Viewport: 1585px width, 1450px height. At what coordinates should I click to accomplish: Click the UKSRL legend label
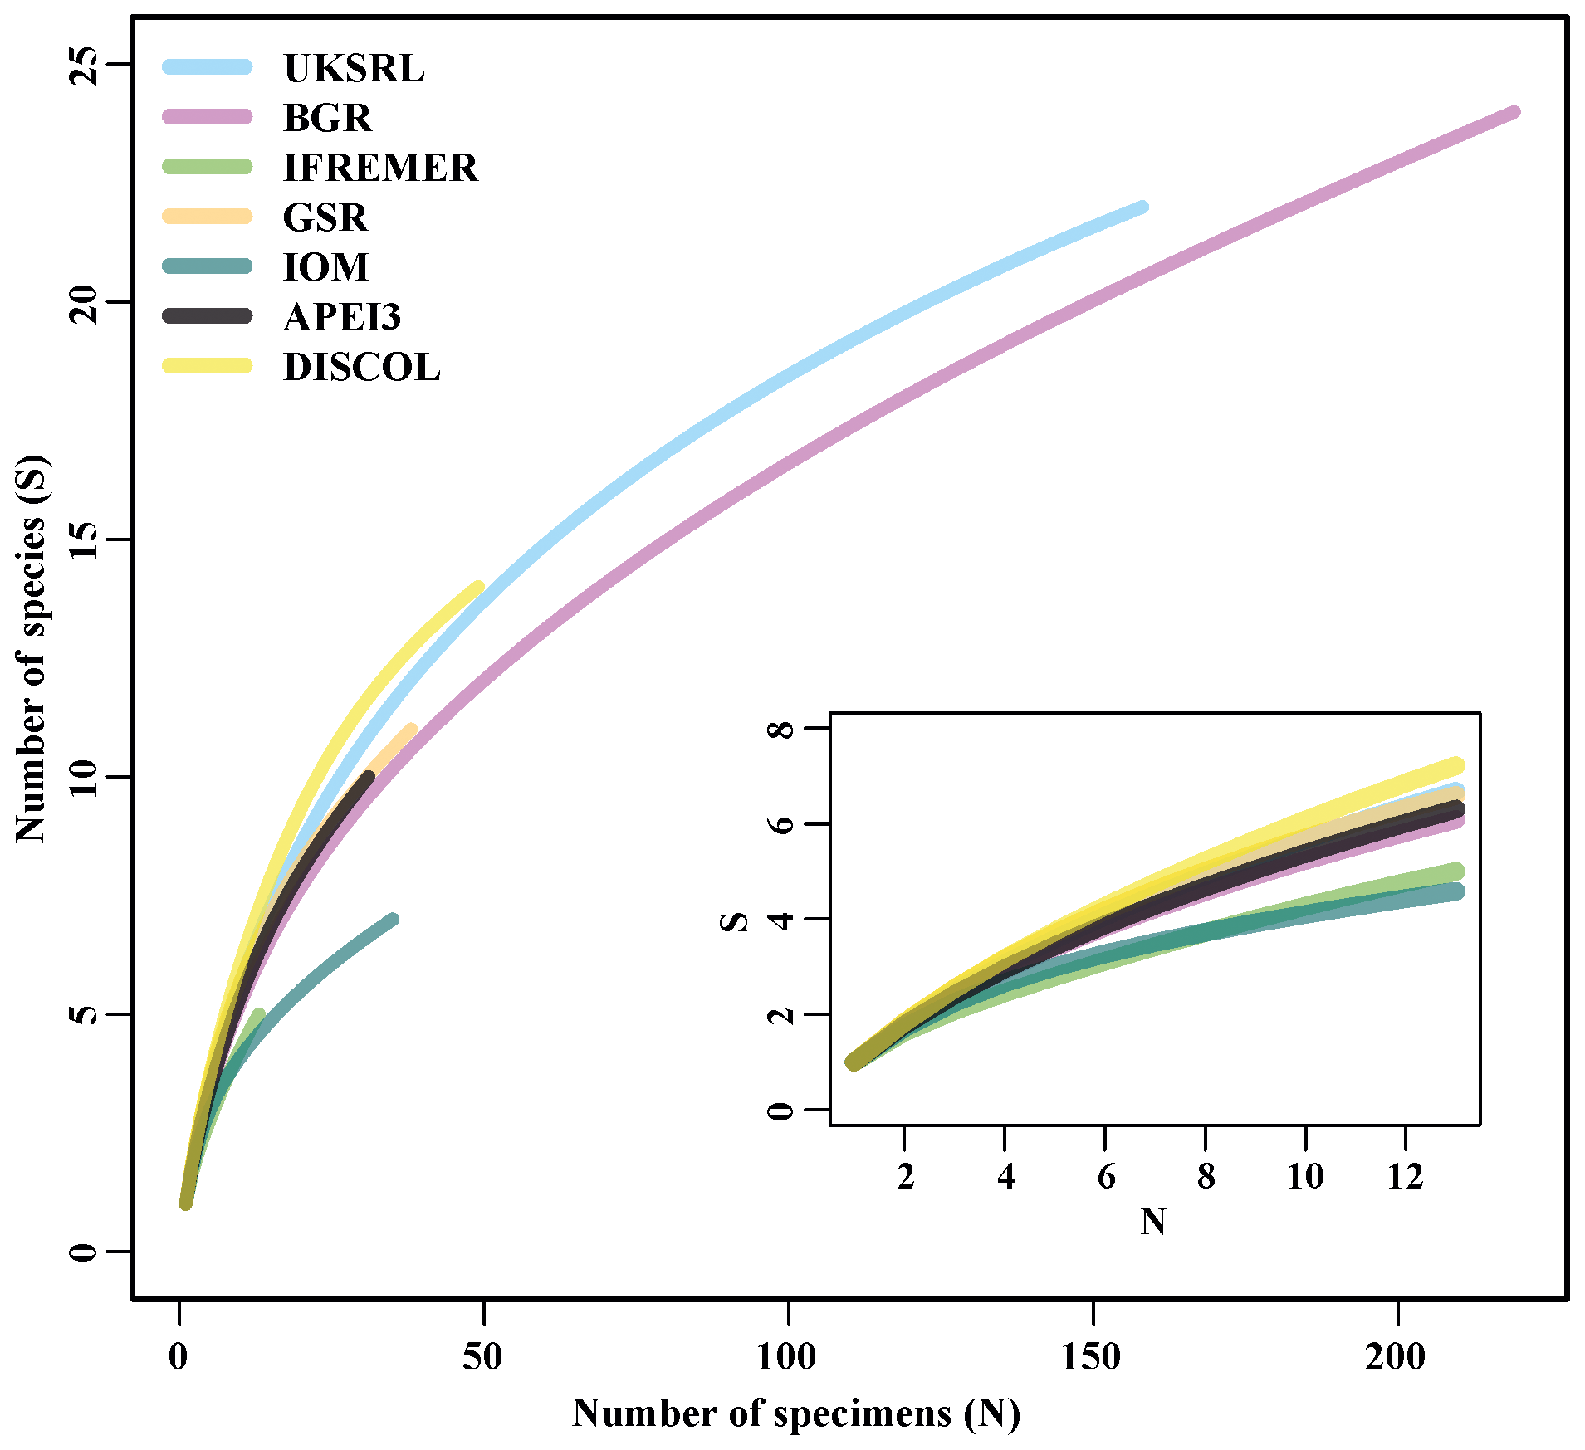click(354, 68)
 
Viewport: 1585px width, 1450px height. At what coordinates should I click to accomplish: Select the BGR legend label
click(327, 118)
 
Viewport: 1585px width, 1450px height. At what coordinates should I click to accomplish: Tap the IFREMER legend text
click(380, 168)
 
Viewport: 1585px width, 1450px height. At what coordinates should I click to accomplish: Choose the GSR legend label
click(325, 217)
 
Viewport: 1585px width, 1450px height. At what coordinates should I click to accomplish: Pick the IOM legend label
click(325, 267)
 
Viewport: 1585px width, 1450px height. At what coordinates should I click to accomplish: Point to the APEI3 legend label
click(341, 317)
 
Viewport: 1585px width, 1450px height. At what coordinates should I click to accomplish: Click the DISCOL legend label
click(361, 368)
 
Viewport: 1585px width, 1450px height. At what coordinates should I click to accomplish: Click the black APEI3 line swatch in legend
click(208, 316)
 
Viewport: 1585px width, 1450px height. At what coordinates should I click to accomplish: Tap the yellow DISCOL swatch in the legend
click(208, 366)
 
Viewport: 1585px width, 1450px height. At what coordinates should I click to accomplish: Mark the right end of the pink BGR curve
click(1514, 113)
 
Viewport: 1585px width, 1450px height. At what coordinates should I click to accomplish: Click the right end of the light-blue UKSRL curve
click(1142, 207)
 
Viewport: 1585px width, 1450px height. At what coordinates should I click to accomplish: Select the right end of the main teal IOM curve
click(393, 919)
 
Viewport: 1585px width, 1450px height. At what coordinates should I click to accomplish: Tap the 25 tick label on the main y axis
click(84, 65)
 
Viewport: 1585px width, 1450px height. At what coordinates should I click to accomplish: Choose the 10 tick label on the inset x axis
click(1305, 1175)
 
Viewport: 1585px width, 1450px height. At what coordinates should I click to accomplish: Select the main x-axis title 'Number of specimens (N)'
click(795, 1413)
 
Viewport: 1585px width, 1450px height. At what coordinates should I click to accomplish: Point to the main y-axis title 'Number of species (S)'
click(32, 648)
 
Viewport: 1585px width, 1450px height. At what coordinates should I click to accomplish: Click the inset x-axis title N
click(1153, 1222)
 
